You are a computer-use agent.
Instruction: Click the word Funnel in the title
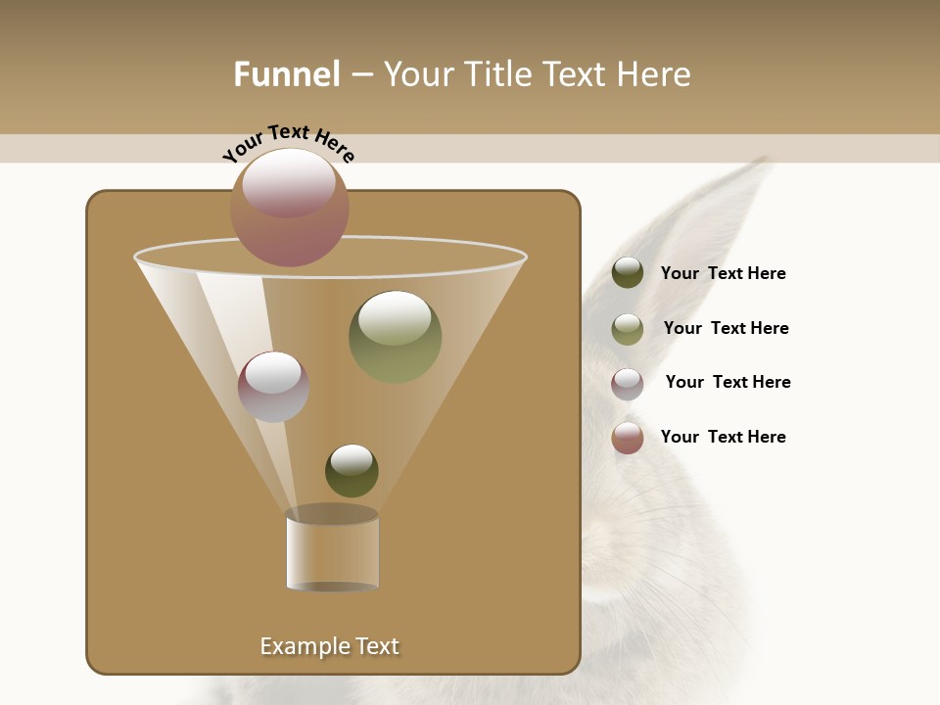click(x=287, y=74)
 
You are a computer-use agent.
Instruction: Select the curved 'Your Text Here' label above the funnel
click(x=288, y=142)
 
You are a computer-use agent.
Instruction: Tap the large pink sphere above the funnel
click(x=290, y=207)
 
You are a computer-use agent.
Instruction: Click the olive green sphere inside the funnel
click(x=396, y=337)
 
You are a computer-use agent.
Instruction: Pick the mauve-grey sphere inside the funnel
click(x=273, y=387)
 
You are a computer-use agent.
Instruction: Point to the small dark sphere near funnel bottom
click(x=352, y=471)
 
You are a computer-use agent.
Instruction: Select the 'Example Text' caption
click(x=330, y=646)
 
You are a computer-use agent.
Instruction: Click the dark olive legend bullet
click(x=628, y=272)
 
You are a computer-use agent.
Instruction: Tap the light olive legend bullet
click(x=628, y=329)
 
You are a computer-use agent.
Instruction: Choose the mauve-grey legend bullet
click(x=628, y=384)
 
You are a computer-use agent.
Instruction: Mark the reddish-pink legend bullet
click(x=628, y=438)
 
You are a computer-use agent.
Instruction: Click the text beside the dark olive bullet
click(x=724, y=273)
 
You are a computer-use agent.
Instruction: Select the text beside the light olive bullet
click(x=726, y=328)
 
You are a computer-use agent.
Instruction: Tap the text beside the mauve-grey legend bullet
click(x=728, y=382)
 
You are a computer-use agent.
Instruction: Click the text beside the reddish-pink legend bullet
click(x=724, y=437)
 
